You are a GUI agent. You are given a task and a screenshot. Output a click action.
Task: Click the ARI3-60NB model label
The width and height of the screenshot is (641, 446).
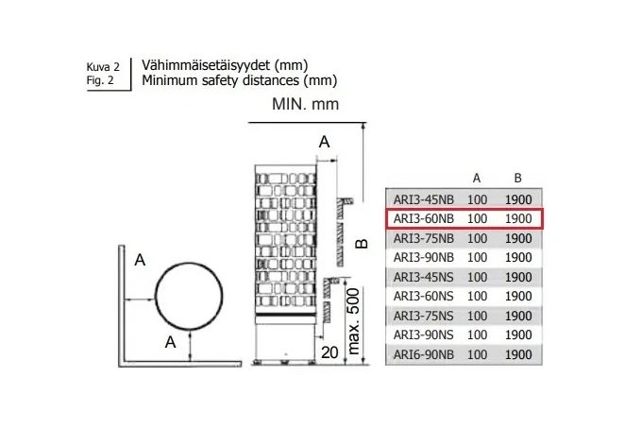coord(424,219)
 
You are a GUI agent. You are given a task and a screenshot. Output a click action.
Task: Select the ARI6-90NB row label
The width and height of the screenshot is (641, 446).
coord(424,354)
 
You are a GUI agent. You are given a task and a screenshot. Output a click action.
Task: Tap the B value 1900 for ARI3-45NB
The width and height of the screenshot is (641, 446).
coord(518,199)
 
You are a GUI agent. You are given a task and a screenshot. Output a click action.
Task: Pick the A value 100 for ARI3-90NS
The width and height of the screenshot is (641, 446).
coord(477,335)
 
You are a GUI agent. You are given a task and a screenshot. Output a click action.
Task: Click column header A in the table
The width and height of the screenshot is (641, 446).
coord(477,178)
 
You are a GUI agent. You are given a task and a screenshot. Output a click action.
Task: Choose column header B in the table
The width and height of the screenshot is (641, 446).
coord(517,178)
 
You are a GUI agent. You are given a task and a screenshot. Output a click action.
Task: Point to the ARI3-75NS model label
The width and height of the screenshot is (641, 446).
coord(424,316)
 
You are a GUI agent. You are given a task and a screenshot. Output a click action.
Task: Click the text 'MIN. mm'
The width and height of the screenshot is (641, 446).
coord(305,104)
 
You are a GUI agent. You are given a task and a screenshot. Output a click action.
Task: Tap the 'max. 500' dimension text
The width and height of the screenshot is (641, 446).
coord(353,321)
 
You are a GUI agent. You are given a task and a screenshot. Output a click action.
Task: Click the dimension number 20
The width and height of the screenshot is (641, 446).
coord(329,352)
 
